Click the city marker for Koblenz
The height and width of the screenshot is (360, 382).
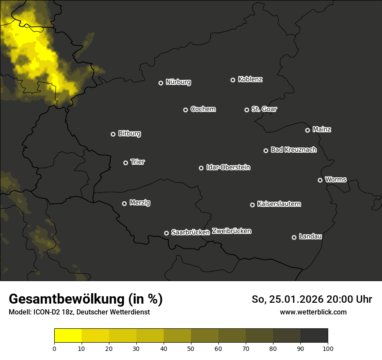(233, 80)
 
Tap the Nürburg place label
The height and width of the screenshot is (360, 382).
(178, 82)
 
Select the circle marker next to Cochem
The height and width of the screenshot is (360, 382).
(185, 110)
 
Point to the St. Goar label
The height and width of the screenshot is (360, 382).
(264, 109)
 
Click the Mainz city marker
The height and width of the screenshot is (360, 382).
(307, 130)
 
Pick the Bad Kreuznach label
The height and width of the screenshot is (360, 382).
(293, 150)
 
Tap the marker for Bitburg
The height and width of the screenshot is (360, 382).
(113, 134)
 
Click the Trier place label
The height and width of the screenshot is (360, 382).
(138, 162)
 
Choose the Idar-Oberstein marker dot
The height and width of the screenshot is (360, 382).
(201, 168)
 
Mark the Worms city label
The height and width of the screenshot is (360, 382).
(336, 179)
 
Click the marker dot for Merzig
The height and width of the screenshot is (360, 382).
(124, 203)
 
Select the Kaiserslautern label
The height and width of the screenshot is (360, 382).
(279, 204)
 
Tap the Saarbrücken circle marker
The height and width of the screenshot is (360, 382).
(166, 233)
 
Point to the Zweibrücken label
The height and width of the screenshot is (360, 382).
(231, 231)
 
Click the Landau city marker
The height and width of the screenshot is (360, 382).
(294, 237)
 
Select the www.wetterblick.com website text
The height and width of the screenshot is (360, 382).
(313, 312)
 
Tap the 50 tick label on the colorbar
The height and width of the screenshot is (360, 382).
(191, 348)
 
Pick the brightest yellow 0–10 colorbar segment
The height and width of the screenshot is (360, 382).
(68, 336)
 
